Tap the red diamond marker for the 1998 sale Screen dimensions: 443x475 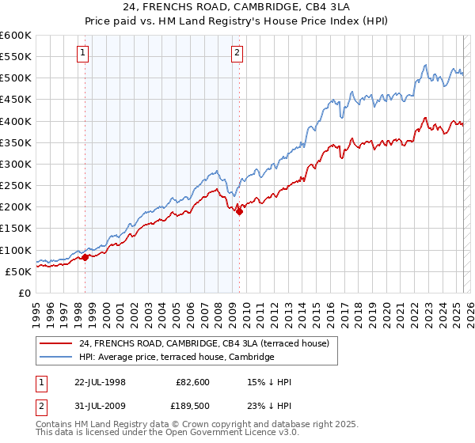(x=85, y=257)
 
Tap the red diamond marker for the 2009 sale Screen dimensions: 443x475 (x=239, y=210)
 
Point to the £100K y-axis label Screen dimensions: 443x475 (x=16, y=250)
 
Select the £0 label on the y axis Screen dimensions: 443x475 (x=25, y=293)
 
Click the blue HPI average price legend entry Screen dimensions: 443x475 (x=176, y=358)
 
